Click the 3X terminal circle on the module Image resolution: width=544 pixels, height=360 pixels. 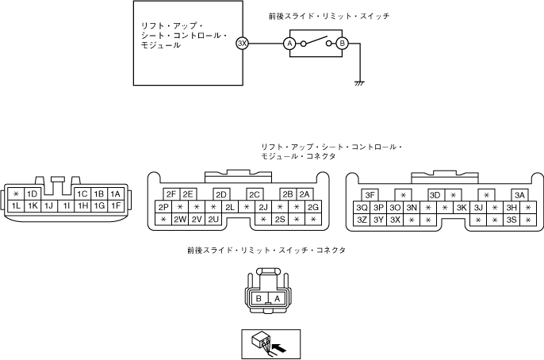click(242, 44)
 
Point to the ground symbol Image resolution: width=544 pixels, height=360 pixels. click(359, 81)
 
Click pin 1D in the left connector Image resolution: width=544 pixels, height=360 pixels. click(33, 193)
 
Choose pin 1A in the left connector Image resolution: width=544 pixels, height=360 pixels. click(116, 193)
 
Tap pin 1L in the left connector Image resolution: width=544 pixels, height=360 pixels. click(16, 206)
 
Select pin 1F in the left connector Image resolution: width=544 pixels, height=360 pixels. click(116, 206)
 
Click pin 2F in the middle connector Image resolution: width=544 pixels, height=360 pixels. click(171, 194)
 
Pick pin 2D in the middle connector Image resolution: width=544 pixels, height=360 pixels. click(221, 194)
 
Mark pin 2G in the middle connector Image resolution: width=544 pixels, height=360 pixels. click(312, 207)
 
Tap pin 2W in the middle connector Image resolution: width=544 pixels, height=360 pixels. click(180, 220)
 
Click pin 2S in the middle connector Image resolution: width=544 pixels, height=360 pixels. click(280, 220)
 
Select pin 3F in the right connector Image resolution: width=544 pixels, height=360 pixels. click(370, 194)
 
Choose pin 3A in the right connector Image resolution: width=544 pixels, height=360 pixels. click(519, 194)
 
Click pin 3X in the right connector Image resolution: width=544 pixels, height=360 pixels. click(395, 220)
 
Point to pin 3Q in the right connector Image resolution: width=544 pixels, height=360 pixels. click(362, 207)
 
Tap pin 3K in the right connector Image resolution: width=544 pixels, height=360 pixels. click(462, 207)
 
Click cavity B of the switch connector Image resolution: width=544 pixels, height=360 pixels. click(259, 298)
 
